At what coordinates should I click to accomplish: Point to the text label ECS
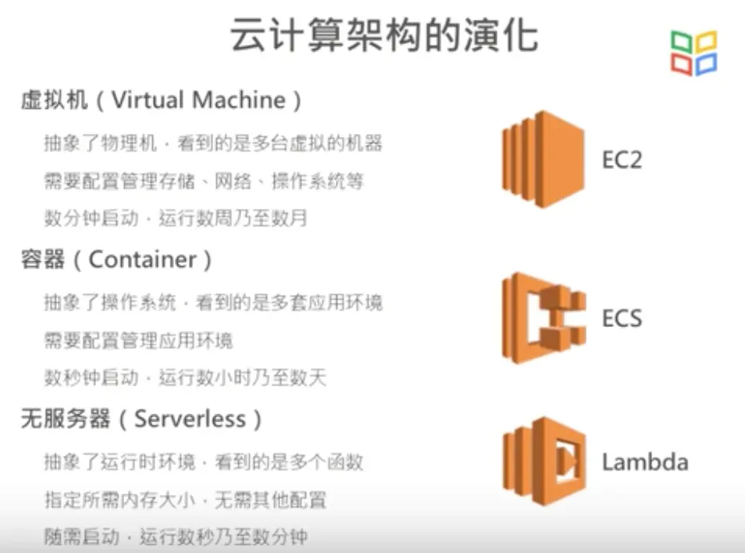coord(622,318)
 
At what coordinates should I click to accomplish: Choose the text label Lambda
coord(645,462)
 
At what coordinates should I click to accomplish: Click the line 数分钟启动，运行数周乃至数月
coord(175,218)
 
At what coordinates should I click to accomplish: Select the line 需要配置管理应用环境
coord(139,340)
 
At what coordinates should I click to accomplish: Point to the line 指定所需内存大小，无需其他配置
coord(185,501)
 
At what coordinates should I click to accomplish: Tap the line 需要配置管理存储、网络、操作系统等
coord(203,181)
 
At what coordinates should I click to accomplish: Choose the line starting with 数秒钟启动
coord(185,377)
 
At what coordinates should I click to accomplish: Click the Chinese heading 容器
coord(41,259)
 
